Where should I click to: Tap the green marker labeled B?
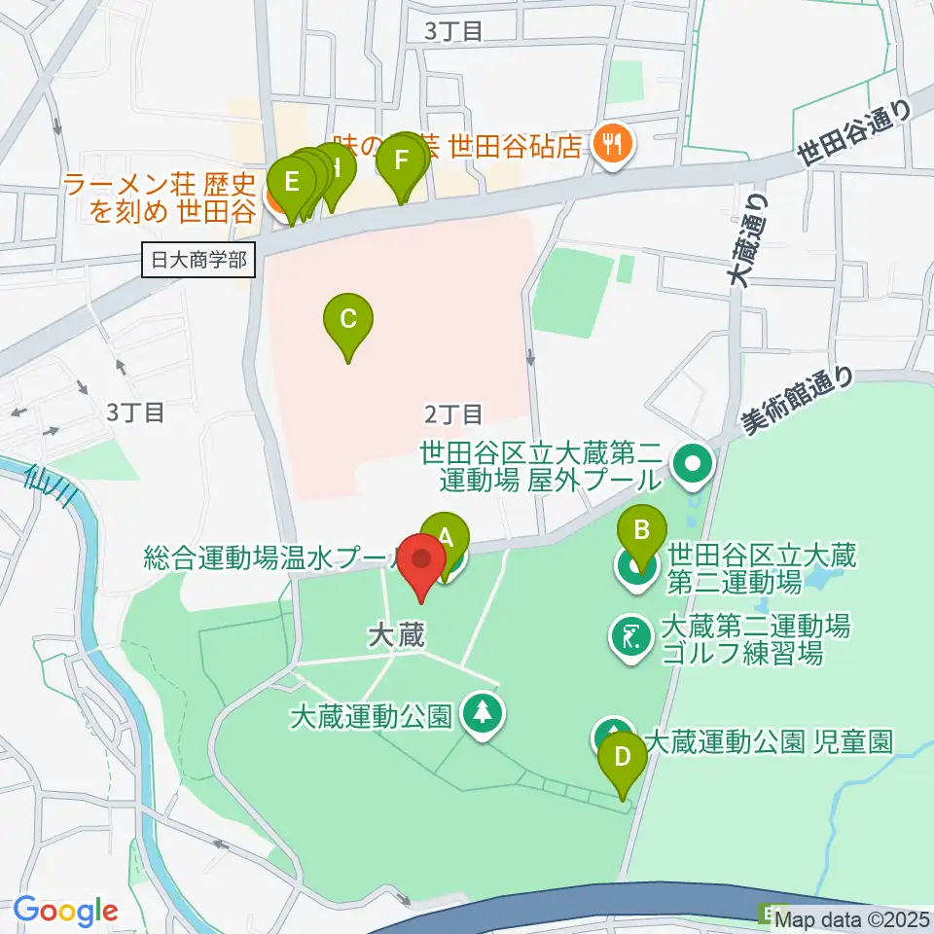642,531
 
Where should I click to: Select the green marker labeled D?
622,757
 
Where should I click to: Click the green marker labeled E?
290,182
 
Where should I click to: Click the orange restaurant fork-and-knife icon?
612,144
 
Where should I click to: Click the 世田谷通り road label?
853,135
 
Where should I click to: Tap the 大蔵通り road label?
746,239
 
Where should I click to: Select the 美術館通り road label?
797,400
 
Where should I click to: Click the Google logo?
65,912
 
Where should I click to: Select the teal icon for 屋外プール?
692,464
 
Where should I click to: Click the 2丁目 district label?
453,414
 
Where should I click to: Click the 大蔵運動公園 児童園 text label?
768,742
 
